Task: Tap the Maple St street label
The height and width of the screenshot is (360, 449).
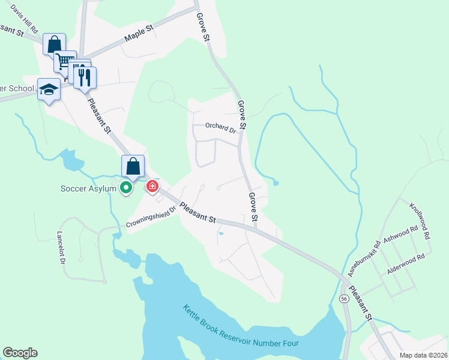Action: tap(139, 33)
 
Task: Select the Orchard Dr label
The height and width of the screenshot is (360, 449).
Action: tap(220, 127)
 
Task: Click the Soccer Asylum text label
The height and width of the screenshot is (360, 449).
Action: tap(88, 188)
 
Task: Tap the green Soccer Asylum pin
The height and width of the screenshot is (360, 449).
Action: tap(126, 188)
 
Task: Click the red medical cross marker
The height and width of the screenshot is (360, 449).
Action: tap(152, 187)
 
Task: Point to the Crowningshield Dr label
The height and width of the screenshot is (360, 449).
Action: tap(151, 218)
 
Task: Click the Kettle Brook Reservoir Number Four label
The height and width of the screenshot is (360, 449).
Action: tap(241, 328)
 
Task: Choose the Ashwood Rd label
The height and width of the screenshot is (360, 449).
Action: tap(400, 234)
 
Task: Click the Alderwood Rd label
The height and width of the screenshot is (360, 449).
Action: tap(406, 264)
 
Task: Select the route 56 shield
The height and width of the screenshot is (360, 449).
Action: tap(344, 298)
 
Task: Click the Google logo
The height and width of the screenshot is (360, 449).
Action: tap(20, 353)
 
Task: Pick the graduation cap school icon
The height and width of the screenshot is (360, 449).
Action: tap(49, 90)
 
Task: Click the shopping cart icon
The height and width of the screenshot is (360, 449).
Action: tap(64, 61)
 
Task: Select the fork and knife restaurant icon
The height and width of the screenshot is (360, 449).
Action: tap(85, 77)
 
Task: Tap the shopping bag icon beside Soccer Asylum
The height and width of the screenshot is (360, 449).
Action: tap(133, 166)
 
